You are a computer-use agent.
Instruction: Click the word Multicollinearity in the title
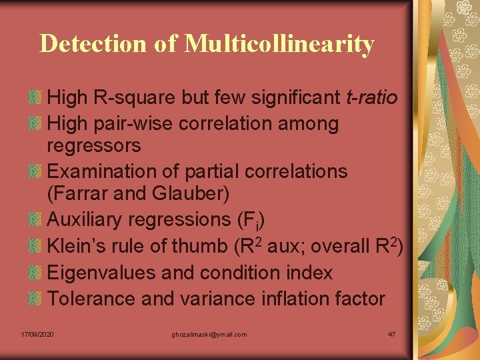pyautogui.click(x=279, y=44)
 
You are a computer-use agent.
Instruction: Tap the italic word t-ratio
pyautogui.click(x=372, y=98)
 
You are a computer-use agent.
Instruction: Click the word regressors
pyautogui.click(x=94, y=145)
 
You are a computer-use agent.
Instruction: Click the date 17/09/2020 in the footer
pyautogui.click(x=37, y=334)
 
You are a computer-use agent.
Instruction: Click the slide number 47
pyautogui.click(x=391, y=334)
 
